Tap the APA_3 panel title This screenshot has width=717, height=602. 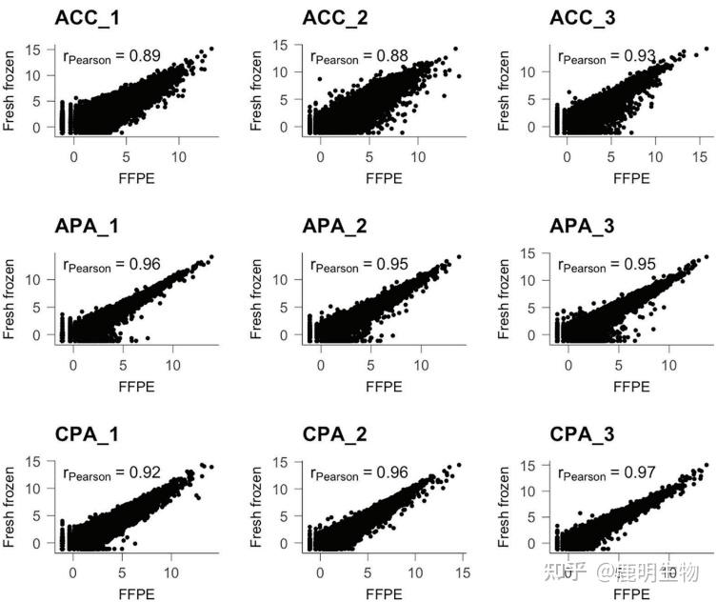point(583,226)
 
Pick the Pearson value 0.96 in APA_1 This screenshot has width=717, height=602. point(143,265)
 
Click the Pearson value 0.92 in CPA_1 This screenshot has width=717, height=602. point(143,472)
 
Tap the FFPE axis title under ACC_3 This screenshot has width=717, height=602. point(632,179)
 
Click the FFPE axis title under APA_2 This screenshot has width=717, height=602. point(385,387)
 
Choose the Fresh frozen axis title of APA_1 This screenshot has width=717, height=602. point(12,297)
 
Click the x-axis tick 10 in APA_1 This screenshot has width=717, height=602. point(173,363)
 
